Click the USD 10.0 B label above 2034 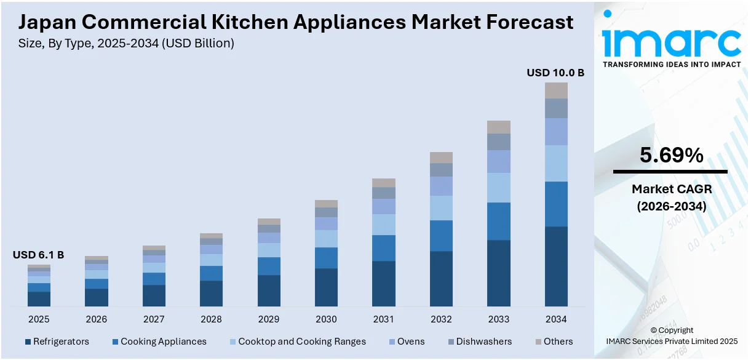555,73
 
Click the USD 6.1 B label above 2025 38,255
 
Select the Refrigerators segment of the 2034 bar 556,266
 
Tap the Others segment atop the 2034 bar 556,90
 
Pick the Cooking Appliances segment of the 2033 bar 499,221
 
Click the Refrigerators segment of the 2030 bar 326,287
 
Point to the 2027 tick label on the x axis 154,319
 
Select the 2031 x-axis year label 384,319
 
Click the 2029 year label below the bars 269,319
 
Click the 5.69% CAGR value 671,156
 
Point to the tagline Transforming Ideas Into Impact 672,64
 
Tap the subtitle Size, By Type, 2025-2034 126,43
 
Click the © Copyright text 672,330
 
